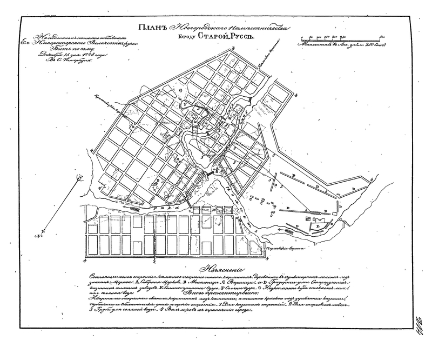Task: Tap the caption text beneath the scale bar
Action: coord(340,46)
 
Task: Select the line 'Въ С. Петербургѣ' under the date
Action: coord(58,61)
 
